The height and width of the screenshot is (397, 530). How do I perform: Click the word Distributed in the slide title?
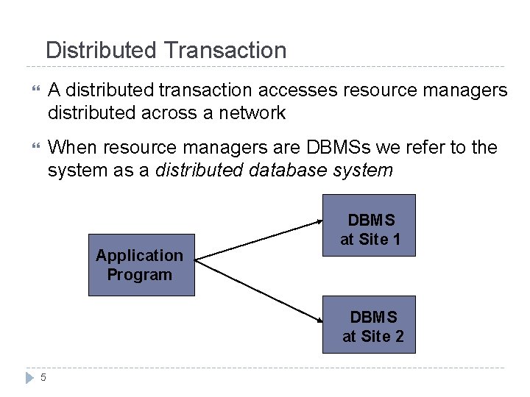(x=101, y=50)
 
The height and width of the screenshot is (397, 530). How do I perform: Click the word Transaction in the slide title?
(x=225, y=50)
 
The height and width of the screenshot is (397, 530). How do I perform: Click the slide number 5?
(x=43, y=378)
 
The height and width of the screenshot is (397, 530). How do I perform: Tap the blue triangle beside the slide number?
(x=29, y=378)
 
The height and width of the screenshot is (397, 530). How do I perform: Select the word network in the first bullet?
(x=249, y=112)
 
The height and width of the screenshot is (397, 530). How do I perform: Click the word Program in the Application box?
(x=139, y=275)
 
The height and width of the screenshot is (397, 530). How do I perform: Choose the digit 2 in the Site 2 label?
(x=399, y=337)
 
